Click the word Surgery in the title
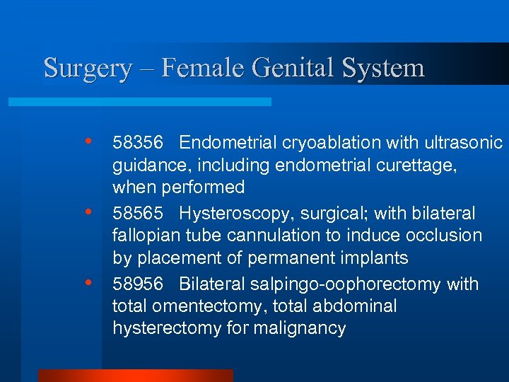[x=88, y=69]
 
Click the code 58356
[x=138, y=143]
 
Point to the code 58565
[x=138, y=214]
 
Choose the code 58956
[x=138, y=284]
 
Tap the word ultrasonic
[x=465, y=143]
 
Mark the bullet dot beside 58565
[x=88, y=212]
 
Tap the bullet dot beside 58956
[x=88, y=282]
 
